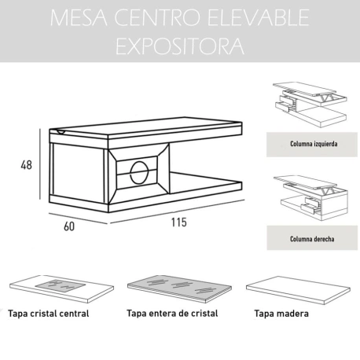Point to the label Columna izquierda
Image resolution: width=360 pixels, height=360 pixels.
[312, 145]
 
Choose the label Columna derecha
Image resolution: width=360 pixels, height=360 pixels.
[312, 238]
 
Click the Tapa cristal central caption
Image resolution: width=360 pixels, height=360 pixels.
[48, 313]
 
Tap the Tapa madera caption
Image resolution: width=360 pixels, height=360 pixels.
[281, 313]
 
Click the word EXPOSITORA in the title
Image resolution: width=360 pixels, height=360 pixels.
[179, 46]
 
